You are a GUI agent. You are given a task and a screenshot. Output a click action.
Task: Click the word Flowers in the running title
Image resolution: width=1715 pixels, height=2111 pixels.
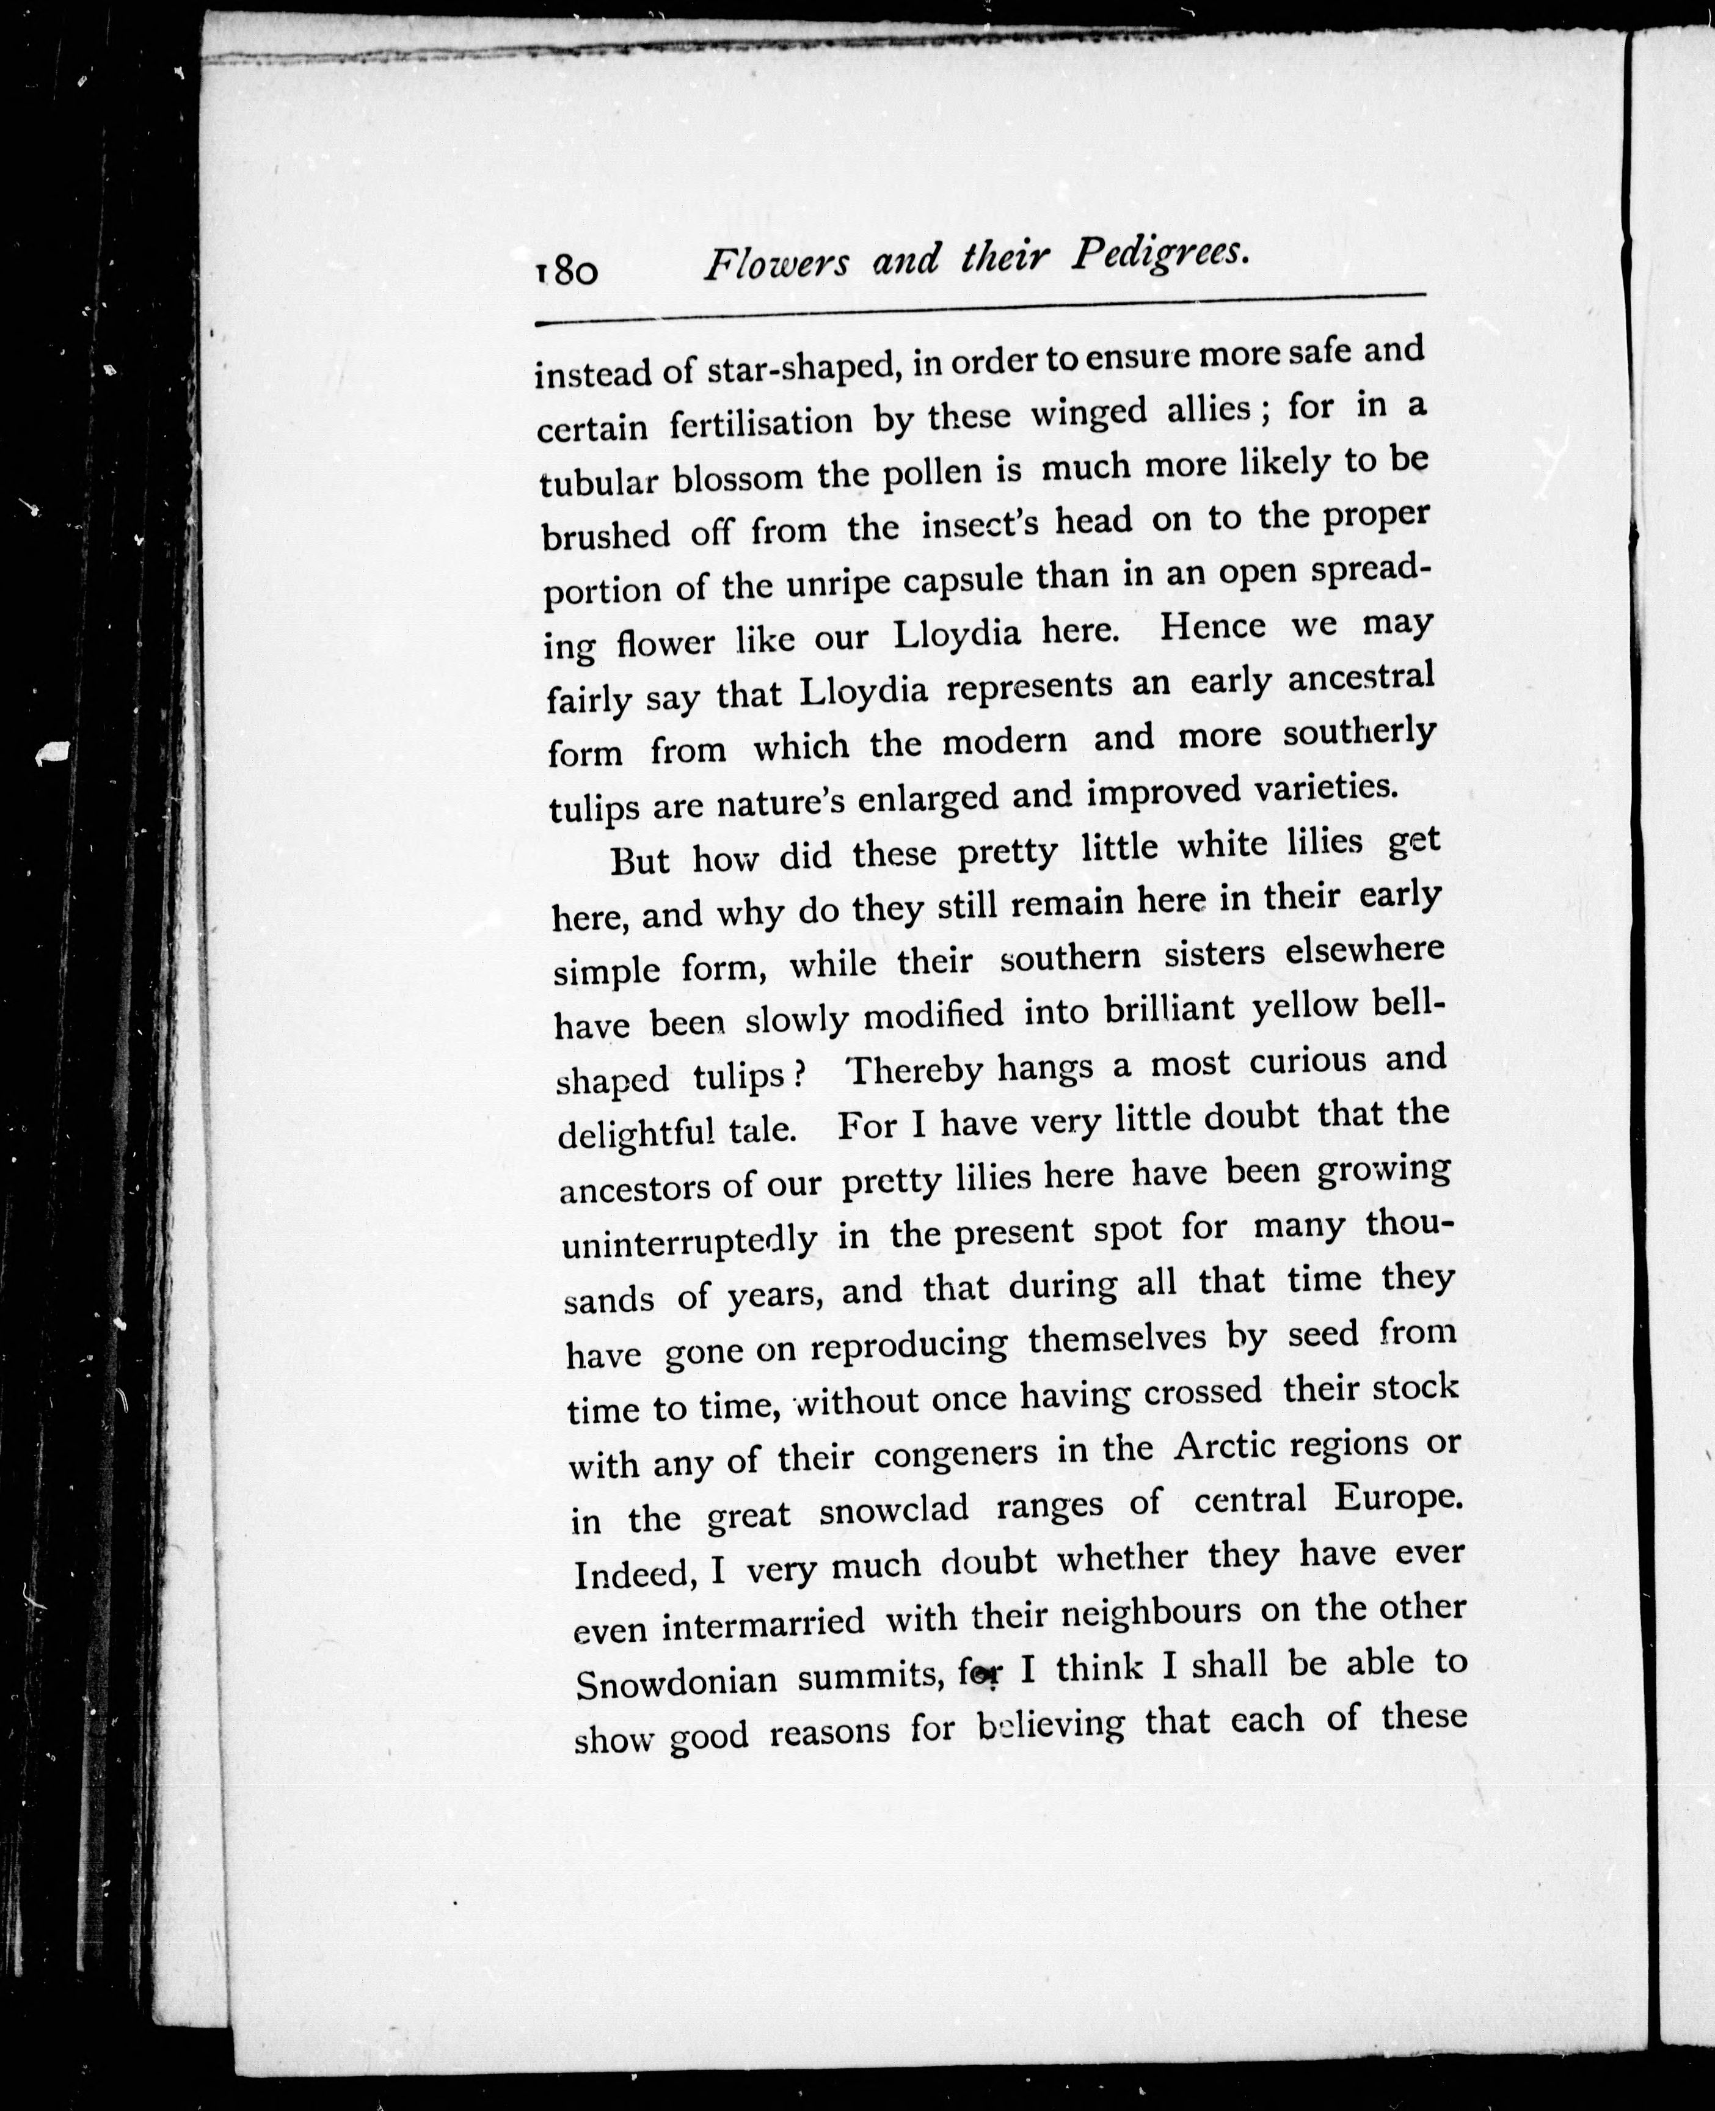(x=776, y=264)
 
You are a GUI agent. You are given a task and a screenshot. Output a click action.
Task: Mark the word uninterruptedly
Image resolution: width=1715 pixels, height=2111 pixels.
(x=690, y=1241)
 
